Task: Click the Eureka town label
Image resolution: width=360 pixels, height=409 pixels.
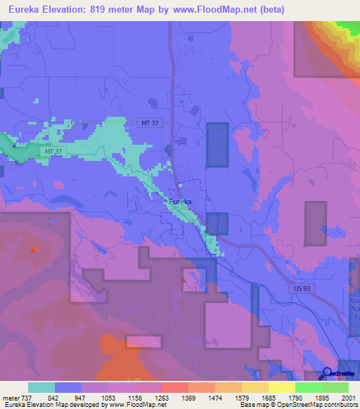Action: (x=180, y=202)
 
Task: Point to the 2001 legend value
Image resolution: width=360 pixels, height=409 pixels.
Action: (x=348, y=397)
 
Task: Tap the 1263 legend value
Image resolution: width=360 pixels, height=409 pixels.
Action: (x=161, y=397)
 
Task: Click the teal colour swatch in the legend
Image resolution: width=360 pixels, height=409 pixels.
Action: (x=41, y=387)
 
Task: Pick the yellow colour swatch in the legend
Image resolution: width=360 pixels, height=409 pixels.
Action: (x=281, y=387)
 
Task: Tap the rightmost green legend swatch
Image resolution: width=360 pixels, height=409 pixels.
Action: (x=335, y=387)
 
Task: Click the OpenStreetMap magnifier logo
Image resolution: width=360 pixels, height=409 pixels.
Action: (x=327, y=374)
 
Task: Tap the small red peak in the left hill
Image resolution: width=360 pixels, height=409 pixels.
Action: (x=33, y=248)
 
